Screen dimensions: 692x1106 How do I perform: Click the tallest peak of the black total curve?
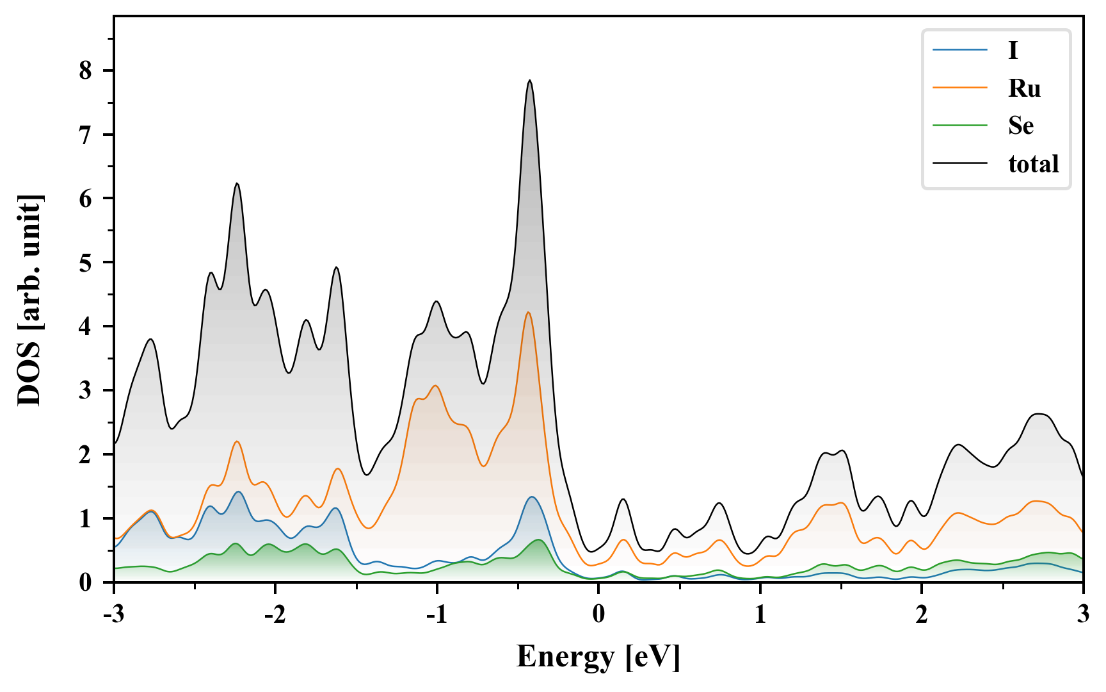(530, 81)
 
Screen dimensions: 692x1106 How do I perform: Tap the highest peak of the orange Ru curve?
(528, 312)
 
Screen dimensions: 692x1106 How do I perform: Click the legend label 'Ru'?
(1024, 88)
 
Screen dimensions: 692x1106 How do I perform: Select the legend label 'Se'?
(1021, 126)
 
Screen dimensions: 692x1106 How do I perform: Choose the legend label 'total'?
(1034, 164)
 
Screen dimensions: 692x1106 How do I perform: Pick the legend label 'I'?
(1013, 50)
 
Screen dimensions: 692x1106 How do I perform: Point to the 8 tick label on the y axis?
(86, 70)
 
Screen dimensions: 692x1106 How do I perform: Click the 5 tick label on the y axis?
(86, 263)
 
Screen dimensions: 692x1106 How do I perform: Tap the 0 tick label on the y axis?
(86, 582)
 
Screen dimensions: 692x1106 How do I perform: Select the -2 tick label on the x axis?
(275, 614)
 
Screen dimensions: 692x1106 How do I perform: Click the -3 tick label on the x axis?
(113, 614)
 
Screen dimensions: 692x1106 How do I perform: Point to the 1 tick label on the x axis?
(760, 614)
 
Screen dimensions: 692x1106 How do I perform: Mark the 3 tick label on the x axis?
(1083, 614)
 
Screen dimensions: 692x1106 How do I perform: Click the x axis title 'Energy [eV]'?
(598, 657)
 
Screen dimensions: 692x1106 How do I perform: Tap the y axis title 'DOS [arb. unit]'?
(29, 299)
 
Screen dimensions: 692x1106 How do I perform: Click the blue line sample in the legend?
(960, 50)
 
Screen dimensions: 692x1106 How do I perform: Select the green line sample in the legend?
(960, 126)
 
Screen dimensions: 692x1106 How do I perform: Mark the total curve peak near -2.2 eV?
(237, 183)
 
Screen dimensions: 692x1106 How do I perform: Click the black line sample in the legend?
(960, 164)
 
